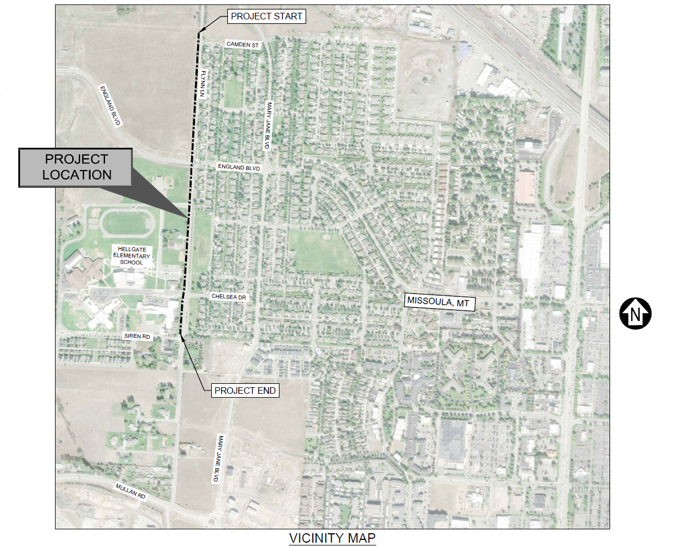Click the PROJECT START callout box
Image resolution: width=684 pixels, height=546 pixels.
[x=267, y=16]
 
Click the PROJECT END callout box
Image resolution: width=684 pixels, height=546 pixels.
[x=245, y=390]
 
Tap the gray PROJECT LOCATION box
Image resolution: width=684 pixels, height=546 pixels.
[x=76, y=167]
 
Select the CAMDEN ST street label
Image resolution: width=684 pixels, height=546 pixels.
[x=242, y=44]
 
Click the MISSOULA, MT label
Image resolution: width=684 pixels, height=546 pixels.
[x=438, y=302]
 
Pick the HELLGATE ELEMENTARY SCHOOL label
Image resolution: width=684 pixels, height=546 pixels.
[x=132, y=256]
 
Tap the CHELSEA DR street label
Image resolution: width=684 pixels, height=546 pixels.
[x=228, y=297]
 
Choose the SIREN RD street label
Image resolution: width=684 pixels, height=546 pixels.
[x=137, y=337]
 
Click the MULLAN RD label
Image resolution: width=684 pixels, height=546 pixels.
[x=131, y=492]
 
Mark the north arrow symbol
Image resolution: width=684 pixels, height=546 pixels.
[x=636, y=314]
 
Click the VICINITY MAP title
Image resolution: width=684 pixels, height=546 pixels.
[x=332, y=538]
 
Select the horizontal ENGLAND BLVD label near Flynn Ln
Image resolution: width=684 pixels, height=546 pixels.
[x=239, y=167]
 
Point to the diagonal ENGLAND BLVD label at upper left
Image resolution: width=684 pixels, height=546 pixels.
[x=110, y=105]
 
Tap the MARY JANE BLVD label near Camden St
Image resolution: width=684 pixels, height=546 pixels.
[x=268, y=126]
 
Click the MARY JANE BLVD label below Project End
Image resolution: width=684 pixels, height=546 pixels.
[x=217, y=459]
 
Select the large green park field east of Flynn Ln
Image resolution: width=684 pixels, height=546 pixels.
[x=319, y=251]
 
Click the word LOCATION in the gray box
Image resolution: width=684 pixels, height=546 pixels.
[x=77, y=175]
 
